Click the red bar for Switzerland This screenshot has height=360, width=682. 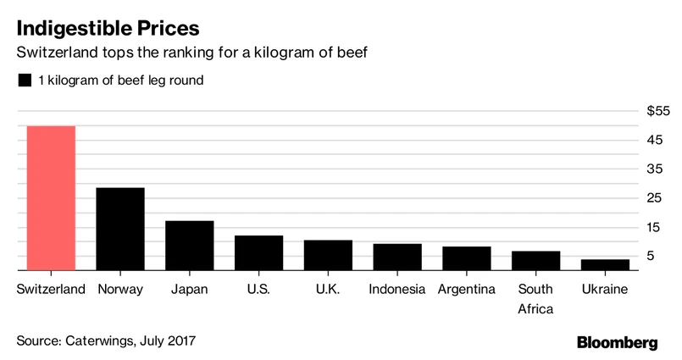point(51,198)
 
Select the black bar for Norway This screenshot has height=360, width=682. point(120,229)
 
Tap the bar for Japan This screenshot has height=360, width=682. point(189,246)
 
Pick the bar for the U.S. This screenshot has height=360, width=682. point(258,253)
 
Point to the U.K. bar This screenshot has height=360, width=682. point(328,255)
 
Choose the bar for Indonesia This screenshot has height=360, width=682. point(397,258)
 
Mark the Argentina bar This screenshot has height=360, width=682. point(467,258)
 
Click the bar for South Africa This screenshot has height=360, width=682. point(536,261)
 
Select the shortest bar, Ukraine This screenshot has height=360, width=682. point(605,265)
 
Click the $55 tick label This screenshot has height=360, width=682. point(657,111)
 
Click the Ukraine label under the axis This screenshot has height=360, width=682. point(604,290)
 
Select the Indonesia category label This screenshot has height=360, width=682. point(397,290)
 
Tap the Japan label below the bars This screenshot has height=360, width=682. point(189,290)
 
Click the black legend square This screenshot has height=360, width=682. point(24,80)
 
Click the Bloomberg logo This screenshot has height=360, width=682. point(618,342)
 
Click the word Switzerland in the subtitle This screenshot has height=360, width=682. point(56,53)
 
